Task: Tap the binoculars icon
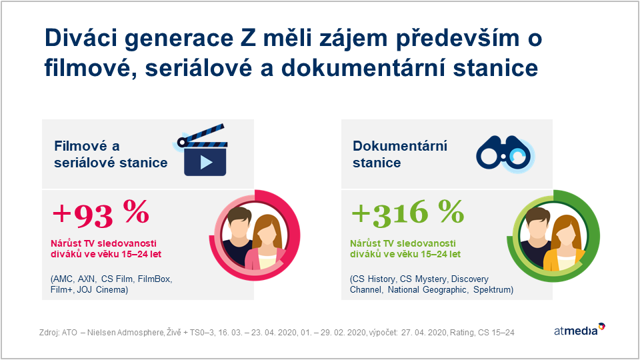[x=505, y=153]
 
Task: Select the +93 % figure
[x=101, y=213]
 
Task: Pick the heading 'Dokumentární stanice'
[x=400, y=154]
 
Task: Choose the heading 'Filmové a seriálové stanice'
[x=111, y=154]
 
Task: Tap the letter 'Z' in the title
[x=245, y=38]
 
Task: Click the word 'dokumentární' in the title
[x=363, y=68]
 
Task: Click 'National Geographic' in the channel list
[x=427, y=290]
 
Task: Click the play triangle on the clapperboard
[x=206, y=163]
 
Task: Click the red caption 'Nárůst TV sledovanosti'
[x=104, y=243]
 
